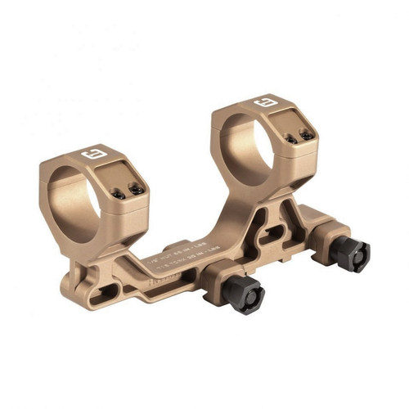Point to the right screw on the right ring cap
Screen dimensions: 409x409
coord(306,133)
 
